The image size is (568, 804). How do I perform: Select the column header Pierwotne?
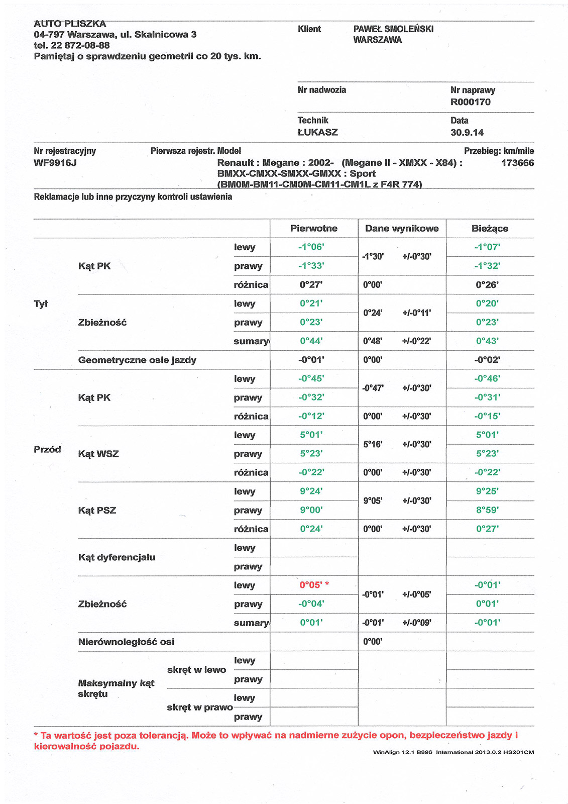click(x=314, y=229)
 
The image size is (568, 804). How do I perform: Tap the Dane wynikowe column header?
click(x=402, y=229)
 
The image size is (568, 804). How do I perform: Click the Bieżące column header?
click(x=490, y=229)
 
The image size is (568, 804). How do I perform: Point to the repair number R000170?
click(x=471, y=102)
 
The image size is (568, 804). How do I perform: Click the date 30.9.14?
click(x=467, y=133)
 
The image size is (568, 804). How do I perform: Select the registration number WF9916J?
click(x=55, y=163)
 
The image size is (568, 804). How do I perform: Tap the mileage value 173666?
click(x=517, y=163)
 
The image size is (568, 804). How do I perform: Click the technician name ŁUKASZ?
click(x=317, y=133)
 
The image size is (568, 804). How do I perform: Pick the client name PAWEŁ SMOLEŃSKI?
click(x=393, y=29)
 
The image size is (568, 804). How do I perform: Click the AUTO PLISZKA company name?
click(x=70, y=24)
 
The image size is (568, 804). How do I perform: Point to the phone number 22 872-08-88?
click(x=80, y=45)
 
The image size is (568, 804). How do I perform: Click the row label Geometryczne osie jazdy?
click(x=137, y=360)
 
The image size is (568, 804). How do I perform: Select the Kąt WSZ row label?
click(x=98, y=454)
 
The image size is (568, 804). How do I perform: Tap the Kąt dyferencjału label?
click(x=117, y=557)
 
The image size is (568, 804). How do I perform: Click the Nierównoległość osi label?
click(x=126, y=642)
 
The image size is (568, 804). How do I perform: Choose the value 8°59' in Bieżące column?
click(x=487, y=510)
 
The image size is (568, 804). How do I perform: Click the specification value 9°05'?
click(x=373, y=501)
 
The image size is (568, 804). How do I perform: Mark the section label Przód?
click(x=47, y=449)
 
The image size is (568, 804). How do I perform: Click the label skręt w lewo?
click(x=196, y=670)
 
